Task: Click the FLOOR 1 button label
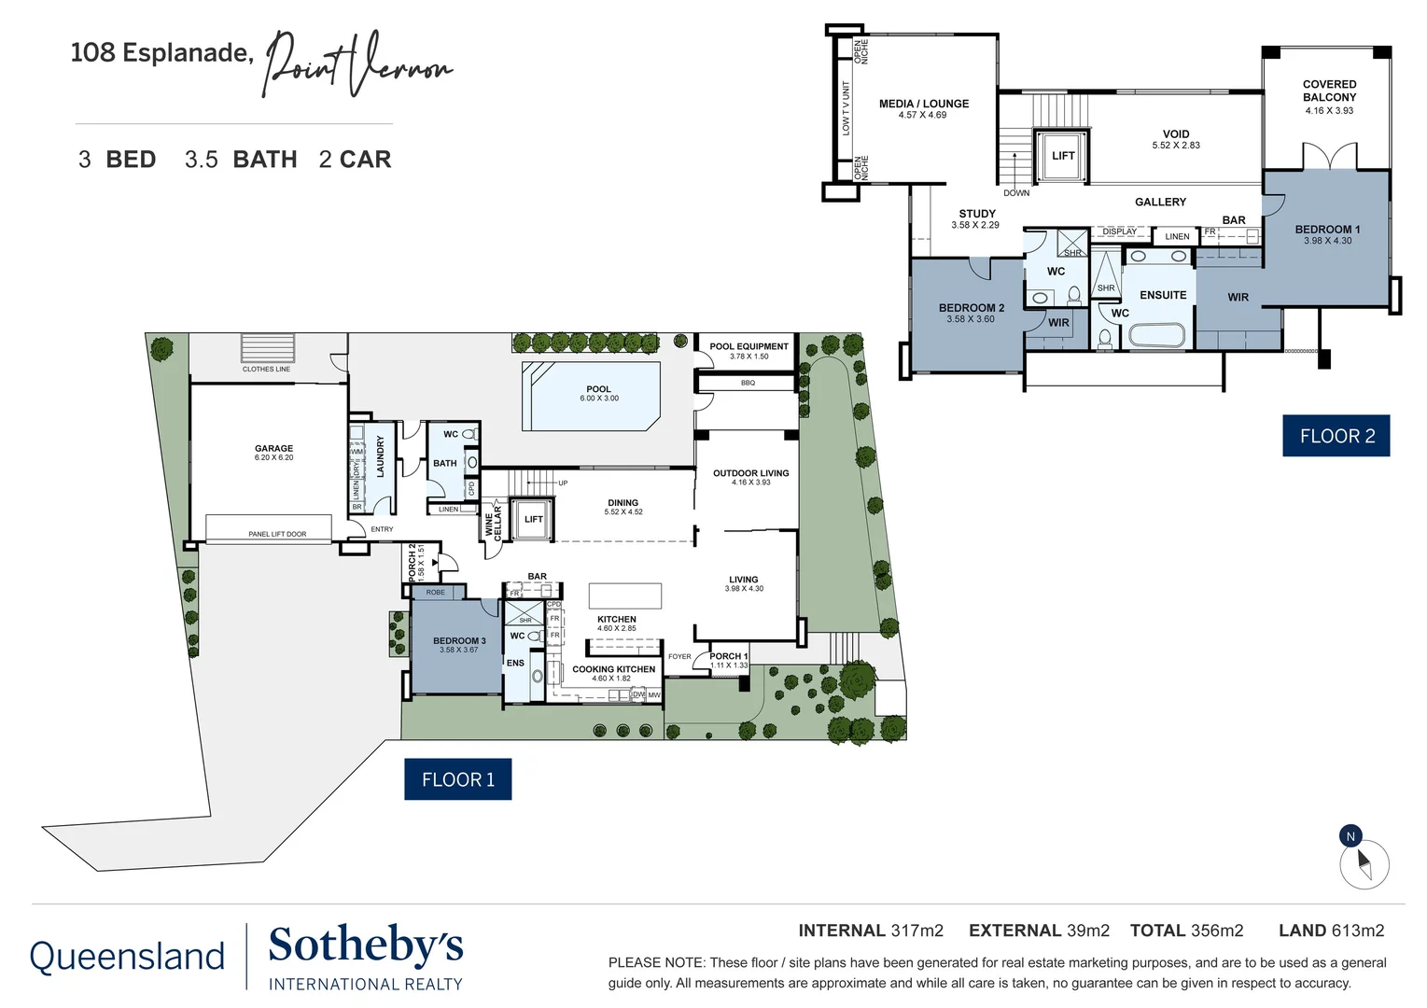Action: point(457,779)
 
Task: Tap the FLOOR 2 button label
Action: point(1336,436)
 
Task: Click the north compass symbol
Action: point(1363,860)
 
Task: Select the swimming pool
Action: point(592,396)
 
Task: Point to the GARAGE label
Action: point(273,449)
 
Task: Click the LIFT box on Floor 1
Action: point(533,520)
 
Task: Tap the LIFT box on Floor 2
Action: point(1063,156)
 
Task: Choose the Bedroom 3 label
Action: point(459,641)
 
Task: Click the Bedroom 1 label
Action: point(1327,230)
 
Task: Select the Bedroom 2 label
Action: point(972,308)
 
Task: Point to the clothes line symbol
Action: point(268,348)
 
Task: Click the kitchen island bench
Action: point(625,595)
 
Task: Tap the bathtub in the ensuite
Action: point(1156,336)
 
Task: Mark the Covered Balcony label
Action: point(1329,91)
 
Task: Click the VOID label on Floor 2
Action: point(1176,134)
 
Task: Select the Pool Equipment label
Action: point(748,346)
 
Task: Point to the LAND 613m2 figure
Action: point(1331,931)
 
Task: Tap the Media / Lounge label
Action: point(924,104)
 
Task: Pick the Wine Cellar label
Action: point(493,523)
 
